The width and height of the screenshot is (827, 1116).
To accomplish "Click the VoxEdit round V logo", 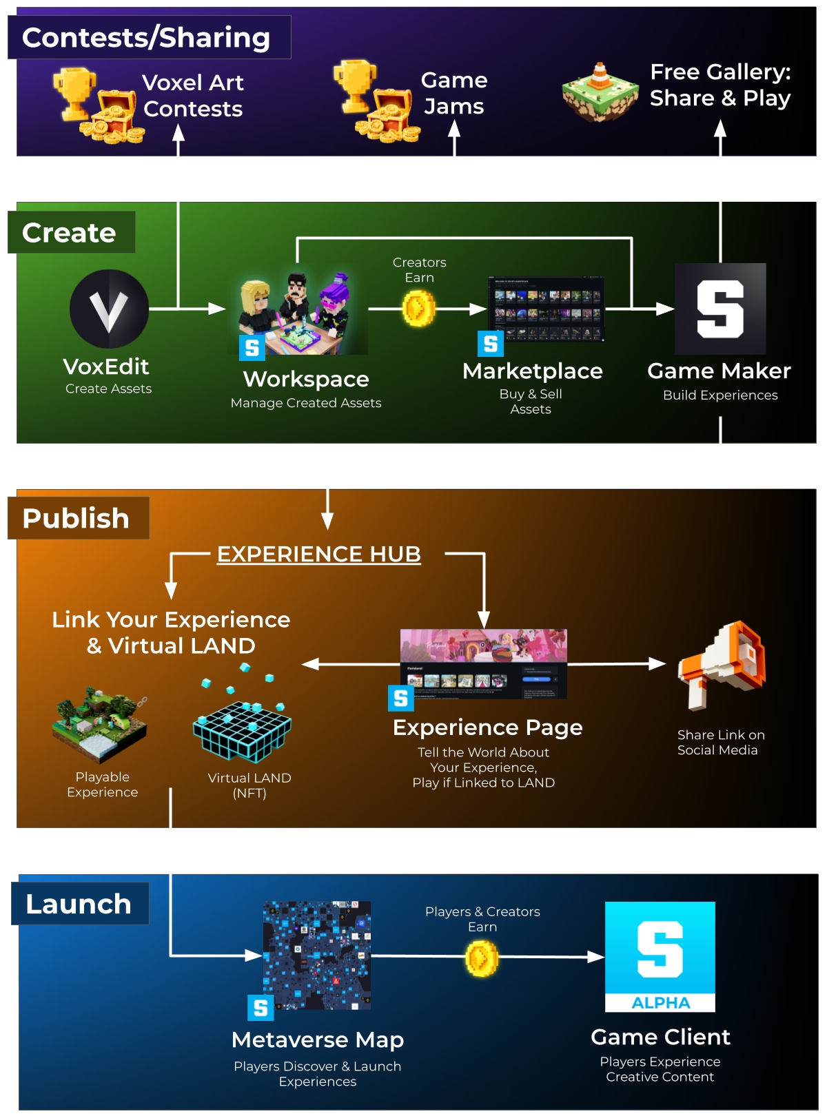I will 109,309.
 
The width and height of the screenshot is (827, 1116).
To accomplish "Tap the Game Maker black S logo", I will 720,309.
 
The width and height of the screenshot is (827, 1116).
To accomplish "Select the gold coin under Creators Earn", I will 418,308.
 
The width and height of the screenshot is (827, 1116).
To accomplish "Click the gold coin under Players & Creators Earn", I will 482,958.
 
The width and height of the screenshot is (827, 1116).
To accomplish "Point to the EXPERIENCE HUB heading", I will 318,554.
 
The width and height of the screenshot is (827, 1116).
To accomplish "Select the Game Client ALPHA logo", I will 660,956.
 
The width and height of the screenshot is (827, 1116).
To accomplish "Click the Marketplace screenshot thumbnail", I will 546,309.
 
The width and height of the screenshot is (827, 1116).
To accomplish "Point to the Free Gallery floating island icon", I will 600,93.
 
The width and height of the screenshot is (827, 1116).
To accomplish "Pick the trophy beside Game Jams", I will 355,85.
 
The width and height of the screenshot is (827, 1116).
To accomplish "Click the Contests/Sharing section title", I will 146,37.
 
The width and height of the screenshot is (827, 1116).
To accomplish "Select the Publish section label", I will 76,518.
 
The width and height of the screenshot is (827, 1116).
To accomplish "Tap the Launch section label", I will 79,904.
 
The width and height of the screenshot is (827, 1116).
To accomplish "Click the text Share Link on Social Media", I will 720,743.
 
